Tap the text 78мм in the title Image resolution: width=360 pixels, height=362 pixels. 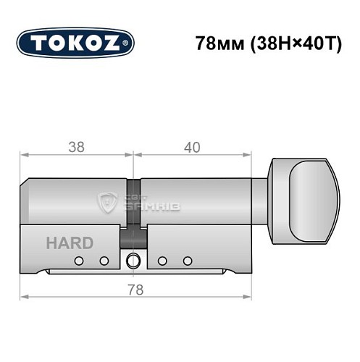tap(218, 43)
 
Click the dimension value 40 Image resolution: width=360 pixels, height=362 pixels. tap(192, 147)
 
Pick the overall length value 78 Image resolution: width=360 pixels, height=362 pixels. tap(134, 290)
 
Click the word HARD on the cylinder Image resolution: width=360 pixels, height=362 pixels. tap(70, 243)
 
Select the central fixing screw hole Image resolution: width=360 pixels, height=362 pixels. tap(133, 261)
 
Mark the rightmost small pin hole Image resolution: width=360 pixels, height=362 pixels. tap(188, 261)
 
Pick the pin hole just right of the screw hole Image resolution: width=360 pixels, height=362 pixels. tap(163, 261)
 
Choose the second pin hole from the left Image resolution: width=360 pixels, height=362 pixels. tap(104, 261)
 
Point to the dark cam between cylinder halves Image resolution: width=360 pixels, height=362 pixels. tap(133, 236)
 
